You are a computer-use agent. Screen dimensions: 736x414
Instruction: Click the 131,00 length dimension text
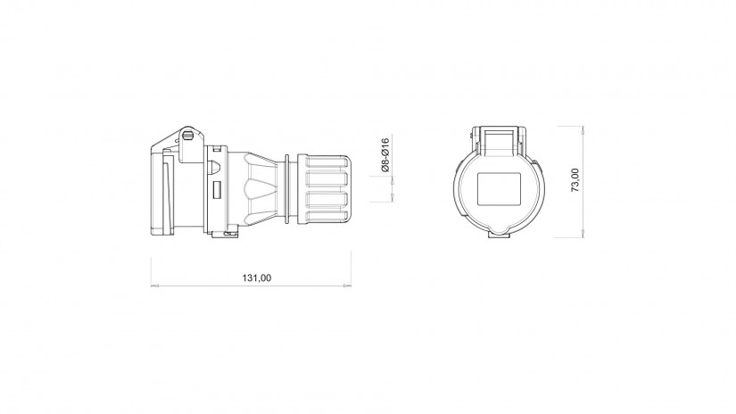coord(257,277)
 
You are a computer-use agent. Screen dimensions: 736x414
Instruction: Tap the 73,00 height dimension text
coord(575,179)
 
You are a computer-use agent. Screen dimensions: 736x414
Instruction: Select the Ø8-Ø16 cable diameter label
coord(385,154)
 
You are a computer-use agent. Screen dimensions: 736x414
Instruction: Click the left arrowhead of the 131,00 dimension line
coord(154,285)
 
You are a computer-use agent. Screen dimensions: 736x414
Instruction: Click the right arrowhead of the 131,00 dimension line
coord(348,285)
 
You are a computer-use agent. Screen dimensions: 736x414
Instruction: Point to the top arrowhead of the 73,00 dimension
coord(583,129)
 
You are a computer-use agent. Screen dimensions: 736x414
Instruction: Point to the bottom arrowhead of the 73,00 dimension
coord(583,234)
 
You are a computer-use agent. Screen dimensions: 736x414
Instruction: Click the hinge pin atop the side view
coord(188,136)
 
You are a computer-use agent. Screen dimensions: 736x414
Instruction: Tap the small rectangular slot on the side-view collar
coord(217,190)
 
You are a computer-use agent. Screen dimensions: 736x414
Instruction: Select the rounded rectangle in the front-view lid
coord(499,189)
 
